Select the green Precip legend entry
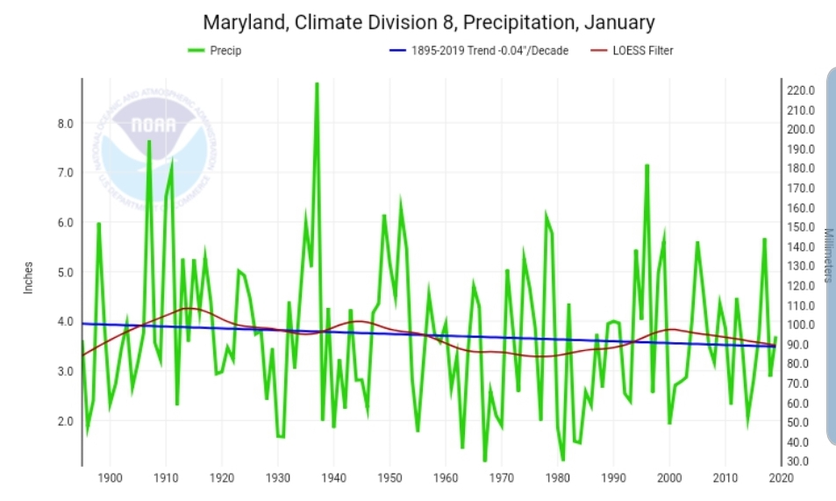tap(215, 50)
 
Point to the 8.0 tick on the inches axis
tap(65, 124)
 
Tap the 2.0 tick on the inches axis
tap(65, 421)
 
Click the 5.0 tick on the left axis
tap(65, 273)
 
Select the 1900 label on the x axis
tap(110, 478)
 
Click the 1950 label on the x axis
tap(389, 478)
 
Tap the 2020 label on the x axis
tap(781, 478)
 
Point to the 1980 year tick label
tap(557, 478)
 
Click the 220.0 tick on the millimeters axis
tap(802, 90)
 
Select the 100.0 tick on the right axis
tap(802, 325)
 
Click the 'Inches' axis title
tap(28, 276)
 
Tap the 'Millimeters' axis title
tap(827, 255)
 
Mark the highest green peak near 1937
tap(317, 83)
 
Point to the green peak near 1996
tap(647, 165)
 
